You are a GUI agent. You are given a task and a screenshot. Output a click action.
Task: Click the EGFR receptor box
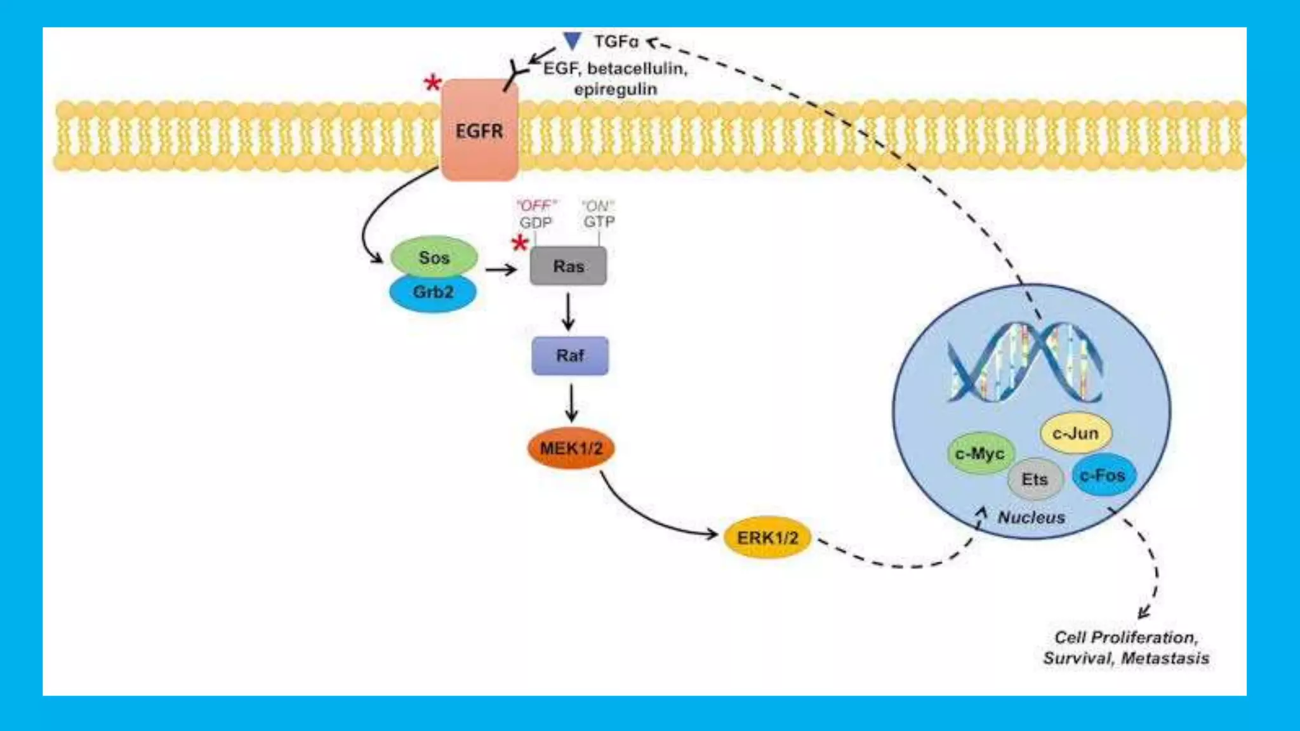point(480,130)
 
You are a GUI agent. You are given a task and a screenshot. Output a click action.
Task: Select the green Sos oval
point(434,258)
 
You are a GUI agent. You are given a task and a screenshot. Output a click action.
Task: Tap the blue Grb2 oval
point(433,293)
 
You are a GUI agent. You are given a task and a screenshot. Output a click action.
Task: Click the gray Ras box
point(568,267)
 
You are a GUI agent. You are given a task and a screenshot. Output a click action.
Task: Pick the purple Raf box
point(570,355)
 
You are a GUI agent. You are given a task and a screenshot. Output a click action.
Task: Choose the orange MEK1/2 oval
point(571,448)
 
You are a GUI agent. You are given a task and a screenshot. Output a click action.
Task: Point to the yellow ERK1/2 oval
point(767,537)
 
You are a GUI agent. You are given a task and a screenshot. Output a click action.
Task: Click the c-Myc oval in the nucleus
point(979,454)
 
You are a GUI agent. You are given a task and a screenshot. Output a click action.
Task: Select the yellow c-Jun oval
point(1075,433)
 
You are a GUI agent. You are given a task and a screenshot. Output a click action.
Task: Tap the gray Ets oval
point(1035,480)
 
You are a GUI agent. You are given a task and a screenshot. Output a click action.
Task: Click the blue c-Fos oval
point(1103,475)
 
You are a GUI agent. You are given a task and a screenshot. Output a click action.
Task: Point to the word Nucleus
point(1031,518)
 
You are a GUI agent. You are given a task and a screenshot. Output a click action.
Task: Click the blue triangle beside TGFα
point(573,41)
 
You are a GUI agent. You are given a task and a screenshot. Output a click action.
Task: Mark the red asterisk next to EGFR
point(433,83)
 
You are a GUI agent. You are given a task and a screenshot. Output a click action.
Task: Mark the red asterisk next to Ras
point(520,244)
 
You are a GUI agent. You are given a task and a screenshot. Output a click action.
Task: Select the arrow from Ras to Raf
point(568,312)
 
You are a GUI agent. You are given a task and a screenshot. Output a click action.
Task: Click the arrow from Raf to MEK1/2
point(571,402)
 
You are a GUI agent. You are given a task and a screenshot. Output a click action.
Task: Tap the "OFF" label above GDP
point(536,206)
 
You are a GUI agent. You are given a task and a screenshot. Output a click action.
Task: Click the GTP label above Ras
point(599,222)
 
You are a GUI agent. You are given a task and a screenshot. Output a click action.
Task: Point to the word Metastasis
point(1165,659)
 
